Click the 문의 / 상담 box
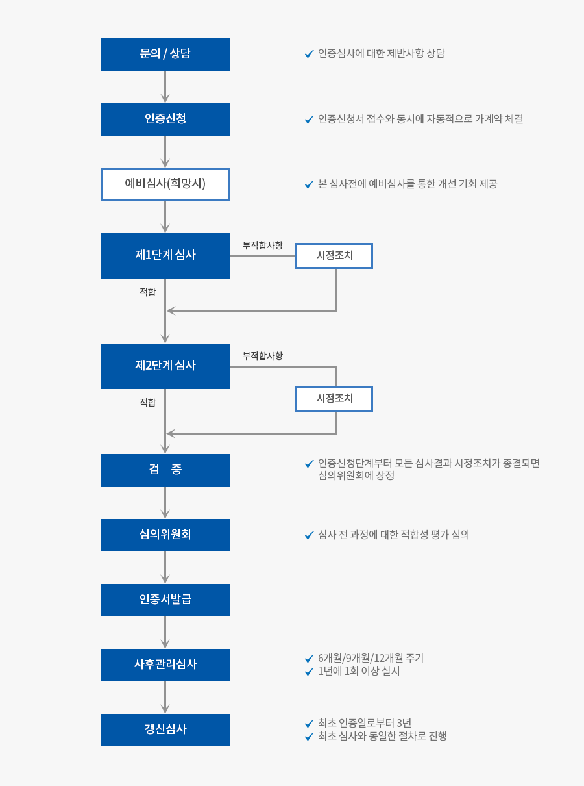tap(165, 54)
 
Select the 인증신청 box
tap(165, 120)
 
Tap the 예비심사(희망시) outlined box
tap(165, 184)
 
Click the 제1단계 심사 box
tap(165, 255)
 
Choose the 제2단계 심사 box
tap(165, 366)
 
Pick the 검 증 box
tap(165, 470)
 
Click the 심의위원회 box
tap(165, 535)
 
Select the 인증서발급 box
tap(165, 600)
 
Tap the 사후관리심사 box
tap(165, 665)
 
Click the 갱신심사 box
tap(165, 730)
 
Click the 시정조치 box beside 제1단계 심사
tap(334, 255)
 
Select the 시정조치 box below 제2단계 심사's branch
tap(334, 399)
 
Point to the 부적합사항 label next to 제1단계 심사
tap(262, 246)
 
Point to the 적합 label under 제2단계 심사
tap(148, 402)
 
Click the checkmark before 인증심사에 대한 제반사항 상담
tap(309, 54)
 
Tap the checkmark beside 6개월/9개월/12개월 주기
tap(309, 659)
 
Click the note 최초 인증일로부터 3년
tap(365, 722)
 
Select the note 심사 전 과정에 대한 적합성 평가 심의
tap(393, 535)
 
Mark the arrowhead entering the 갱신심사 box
tap(165, 709)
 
